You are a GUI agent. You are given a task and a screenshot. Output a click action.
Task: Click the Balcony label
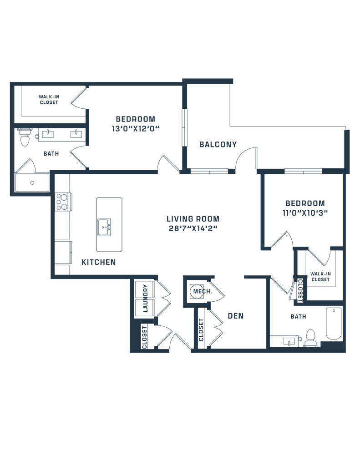point(218,145)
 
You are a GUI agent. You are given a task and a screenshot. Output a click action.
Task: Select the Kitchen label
point(98,263)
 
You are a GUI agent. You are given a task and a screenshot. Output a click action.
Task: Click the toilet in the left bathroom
point(24,137)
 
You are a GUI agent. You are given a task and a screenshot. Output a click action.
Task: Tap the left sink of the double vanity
point(47,134)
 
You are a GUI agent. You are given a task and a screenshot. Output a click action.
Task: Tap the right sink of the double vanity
point(76,134)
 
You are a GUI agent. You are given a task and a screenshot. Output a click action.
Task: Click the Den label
point(233,316)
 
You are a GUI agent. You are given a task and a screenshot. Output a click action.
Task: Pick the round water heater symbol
point(197,290)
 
